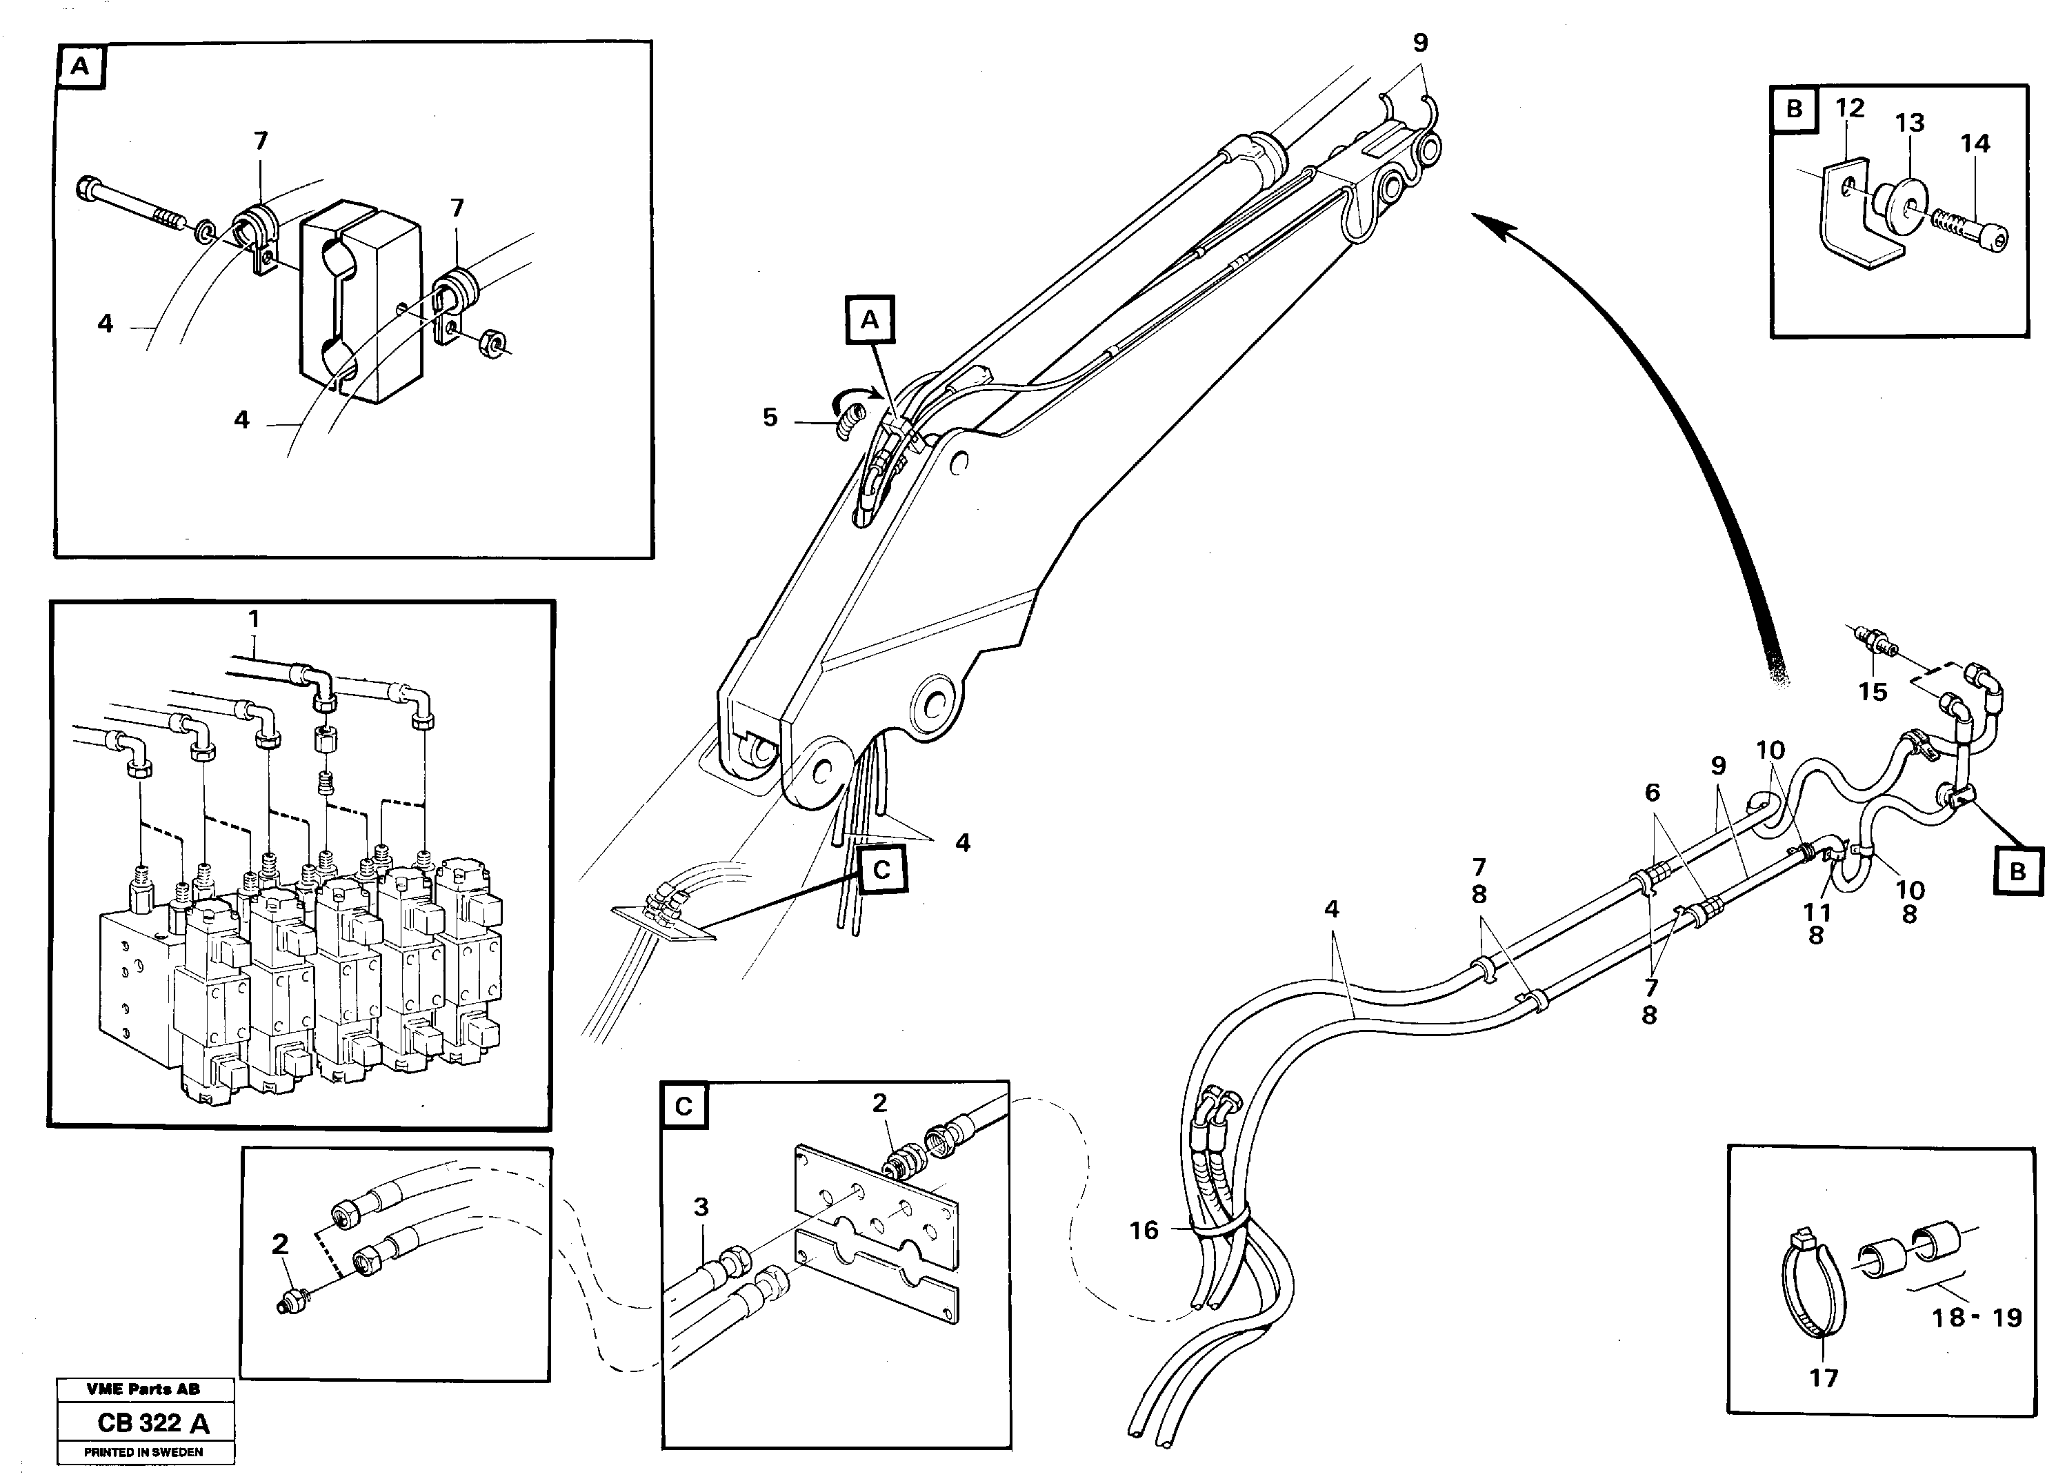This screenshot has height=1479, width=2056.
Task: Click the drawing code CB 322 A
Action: (x=153, y=1422)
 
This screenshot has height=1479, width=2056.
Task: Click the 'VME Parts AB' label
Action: (x=143, y=1389)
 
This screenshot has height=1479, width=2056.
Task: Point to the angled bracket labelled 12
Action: (x=1845, y=221)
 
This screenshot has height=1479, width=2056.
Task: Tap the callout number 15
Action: (x=1872, y=691)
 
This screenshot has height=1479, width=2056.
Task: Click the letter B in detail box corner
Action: (x=1794, y=110)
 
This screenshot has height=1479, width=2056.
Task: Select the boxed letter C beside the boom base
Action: (x=881, y=870)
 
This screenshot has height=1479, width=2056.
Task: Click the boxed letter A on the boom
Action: (x=869, y=319)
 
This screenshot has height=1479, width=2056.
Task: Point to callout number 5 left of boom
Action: (x=770, y=417)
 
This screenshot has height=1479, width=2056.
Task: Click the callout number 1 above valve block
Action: (x=254, y=619)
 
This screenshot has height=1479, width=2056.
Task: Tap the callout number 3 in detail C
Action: (x=701, y=1207)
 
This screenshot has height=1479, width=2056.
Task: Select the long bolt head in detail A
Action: (x=89, y=191)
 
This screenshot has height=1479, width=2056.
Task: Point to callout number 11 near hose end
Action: (x=1817, y=912)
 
